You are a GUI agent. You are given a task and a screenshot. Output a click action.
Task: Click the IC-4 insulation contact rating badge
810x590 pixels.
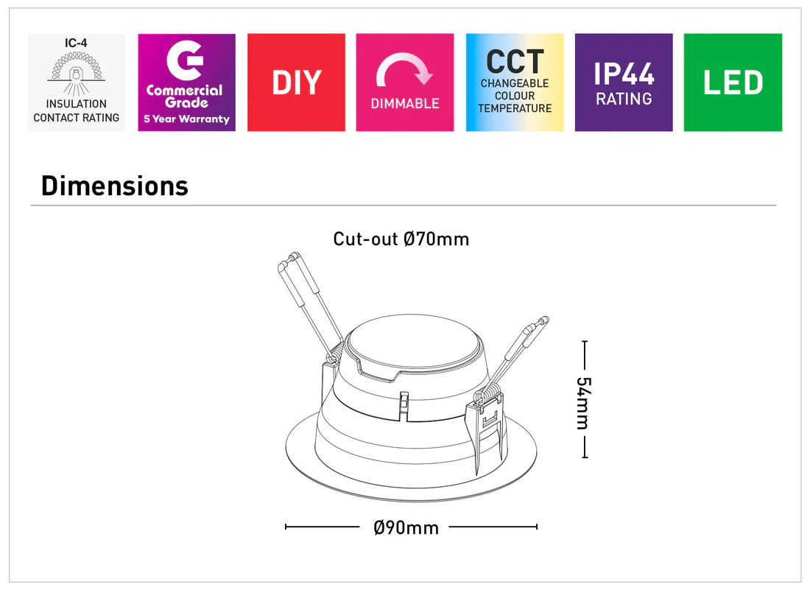76,82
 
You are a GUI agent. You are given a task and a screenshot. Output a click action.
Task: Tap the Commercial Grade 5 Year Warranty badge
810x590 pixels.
186,82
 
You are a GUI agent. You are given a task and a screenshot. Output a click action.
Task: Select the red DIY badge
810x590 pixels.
296,82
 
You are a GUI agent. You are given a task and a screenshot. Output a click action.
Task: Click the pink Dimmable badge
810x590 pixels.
405,82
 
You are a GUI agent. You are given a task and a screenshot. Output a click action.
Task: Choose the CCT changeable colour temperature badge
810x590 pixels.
515,82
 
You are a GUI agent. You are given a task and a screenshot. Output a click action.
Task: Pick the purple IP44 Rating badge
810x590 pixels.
624,82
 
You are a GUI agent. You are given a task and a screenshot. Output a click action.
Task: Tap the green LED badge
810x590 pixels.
733,82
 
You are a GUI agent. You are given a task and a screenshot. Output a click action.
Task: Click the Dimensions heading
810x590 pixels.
115,186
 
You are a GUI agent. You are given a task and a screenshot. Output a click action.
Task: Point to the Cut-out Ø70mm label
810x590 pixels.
401,239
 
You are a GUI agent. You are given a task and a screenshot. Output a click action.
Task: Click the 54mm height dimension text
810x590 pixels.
583,403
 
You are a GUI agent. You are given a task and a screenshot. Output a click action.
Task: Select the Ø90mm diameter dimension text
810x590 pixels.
406,527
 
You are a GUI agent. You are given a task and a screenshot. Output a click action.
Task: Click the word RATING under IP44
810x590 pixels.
624,99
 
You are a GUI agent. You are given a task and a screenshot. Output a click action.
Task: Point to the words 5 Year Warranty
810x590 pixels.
186,119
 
